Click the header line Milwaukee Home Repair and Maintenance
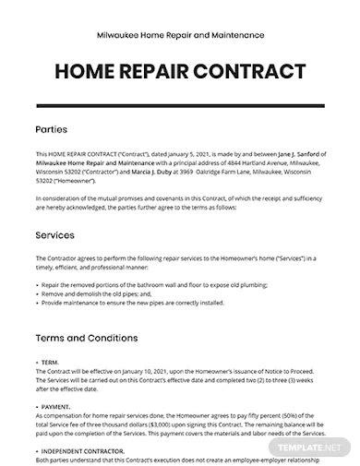pyautogui.click(x=179, y=31)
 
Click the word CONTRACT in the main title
pyautogui.click(x=250, y=70)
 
